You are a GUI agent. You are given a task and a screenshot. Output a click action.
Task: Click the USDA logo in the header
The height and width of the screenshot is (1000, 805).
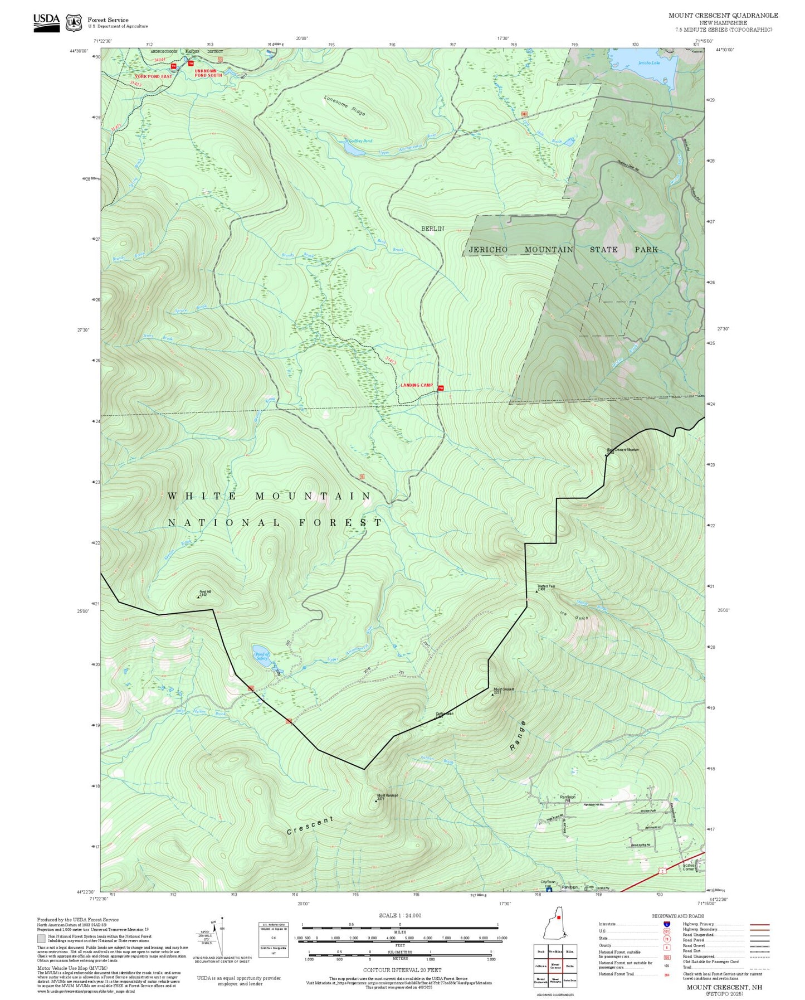tap(46, 22)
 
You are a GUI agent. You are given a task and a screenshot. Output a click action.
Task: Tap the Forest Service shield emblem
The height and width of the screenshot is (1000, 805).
tap(74, 23)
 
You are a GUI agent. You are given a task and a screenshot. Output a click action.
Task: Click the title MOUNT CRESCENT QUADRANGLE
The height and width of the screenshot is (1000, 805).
tap(723, 16)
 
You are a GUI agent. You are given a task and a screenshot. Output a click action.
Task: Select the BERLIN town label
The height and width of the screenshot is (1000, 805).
tap(432, 229)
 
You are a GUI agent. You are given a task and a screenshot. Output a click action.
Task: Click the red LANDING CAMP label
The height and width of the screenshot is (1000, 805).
tap(417, 385)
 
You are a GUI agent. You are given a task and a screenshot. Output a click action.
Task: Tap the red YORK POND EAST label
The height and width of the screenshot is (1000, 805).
tap(153, 76)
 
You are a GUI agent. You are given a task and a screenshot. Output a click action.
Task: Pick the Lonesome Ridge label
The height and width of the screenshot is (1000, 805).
tap(345, 106)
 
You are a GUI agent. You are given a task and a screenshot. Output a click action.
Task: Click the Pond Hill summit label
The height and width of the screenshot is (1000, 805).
tap(203, 594)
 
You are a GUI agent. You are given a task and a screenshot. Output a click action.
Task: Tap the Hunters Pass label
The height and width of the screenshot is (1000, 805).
tap(546, 587)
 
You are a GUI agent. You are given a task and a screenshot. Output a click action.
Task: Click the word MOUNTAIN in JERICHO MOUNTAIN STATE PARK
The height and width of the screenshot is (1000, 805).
tap(548, 250)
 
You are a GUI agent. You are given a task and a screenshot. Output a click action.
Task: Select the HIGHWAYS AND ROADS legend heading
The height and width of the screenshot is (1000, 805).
tap(678, 916)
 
